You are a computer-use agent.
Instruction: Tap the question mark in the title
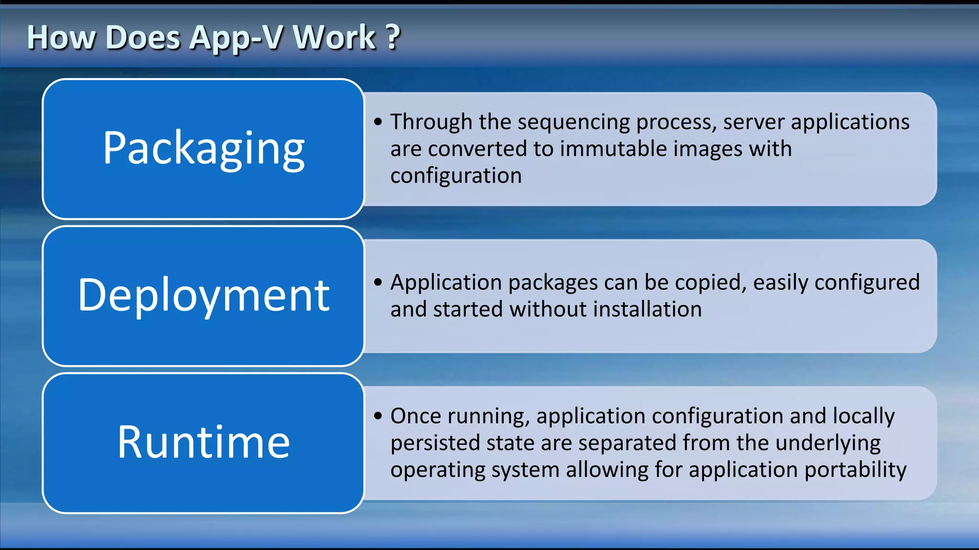(393, 37)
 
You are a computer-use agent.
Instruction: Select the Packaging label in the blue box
(204, 148)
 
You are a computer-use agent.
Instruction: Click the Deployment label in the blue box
(204, 296)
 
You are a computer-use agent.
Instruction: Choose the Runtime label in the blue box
(204, 442)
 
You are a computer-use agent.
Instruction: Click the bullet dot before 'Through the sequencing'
(378, 122)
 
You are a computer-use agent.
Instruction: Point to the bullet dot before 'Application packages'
(378, 283)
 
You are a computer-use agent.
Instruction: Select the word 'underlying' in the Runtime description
(828, 443)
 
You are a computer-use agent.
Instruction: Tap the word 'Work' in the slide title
(334, 37)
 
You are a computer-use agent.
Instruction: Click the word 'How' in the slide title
(61, 37)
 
